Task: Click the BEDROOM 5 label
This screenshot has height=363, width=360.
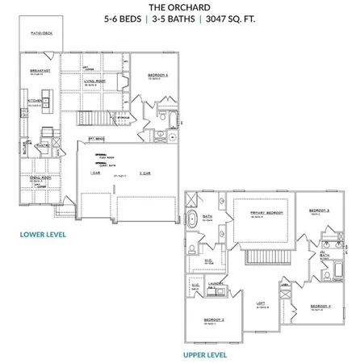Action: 158,74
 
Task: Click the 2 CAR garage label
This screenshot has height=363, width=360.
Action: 145,173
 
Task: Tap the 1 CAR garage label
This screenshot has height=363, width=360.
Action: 95,173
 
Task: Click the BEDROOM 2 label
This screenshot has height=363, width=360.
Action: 215,319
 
